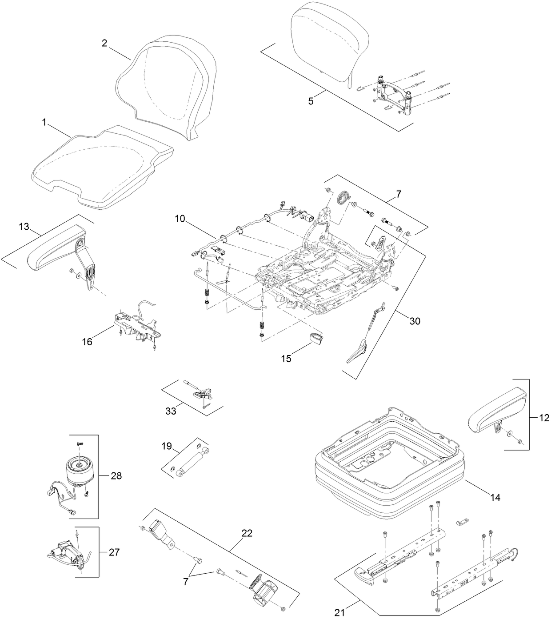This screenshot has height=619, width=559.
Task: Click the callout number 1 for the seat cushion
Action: [x=44, y=122]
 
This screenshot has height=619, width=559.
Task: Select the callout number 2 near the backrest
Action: [x=104, y=43]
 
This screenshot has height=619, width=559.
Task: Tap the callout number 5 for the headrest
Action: [x=311, y=101]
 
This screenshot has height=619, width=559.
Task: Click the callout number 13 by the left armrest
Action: [x=24, y=227]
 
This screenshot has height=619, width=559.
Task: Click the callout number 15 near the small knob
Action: [x=286, y=359]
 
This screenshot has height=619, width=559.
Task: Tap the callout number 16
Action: [x=87, y=341]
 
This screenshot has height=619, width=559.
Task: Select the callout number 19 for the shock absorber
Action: [x=167, y=447]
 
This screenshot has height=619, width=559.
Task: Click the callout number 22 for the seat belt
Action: [x=247, y=533]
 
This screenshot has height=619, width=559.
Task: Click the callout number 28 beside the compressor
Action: [x=116, y=476]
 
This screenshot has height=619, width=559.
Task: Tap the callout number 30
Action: [x=414, y=321]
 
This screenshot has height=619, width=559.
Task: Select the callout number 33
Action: [x=171, y=411]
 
